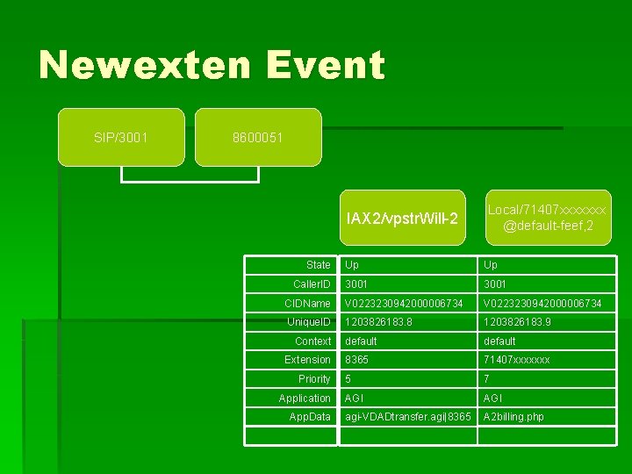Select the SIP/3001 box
click(x=121, y=138)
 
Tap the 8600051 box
click(x=258, y=138)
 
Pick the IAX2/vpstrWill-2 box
click(x=402, y=218)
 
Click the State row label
click(x=319, y=265)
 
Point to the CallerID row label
click(x=312, y=284)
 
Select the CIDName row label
click(x=308, y=304)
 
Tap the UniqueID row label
click(x=309, y=322)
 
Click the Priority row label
click(x=314, y=379)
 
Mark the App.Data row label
click(x=310, y=417)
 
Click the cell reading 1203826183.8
click(x=378, y=322)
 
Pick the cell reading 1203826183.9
click(x=517, y=322)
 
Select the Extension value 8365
click(x=357, y=360)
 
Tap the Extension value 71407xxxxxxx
click(x=517, y=360)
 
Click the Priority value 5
click(x=348, y=379)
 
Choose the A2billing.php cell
click(x=513, y=417)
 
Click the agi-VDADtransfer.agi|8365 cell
click(x=408, y=417)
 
